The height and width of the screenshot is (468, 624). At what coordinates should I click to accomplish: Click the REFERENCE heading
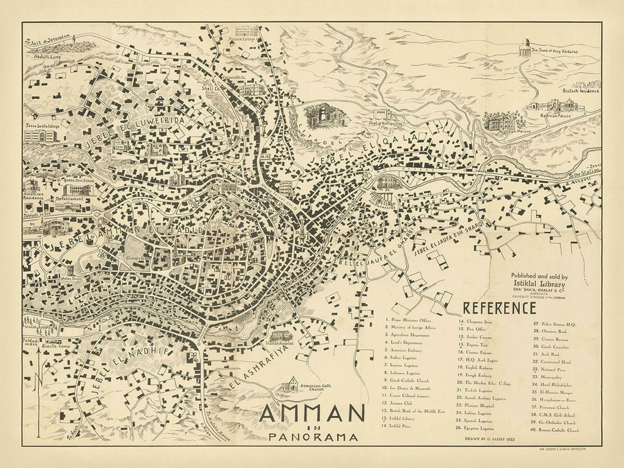(499, 307)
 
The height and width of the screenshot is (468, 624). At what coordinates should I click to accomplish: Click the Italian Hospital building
(286, 336)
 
